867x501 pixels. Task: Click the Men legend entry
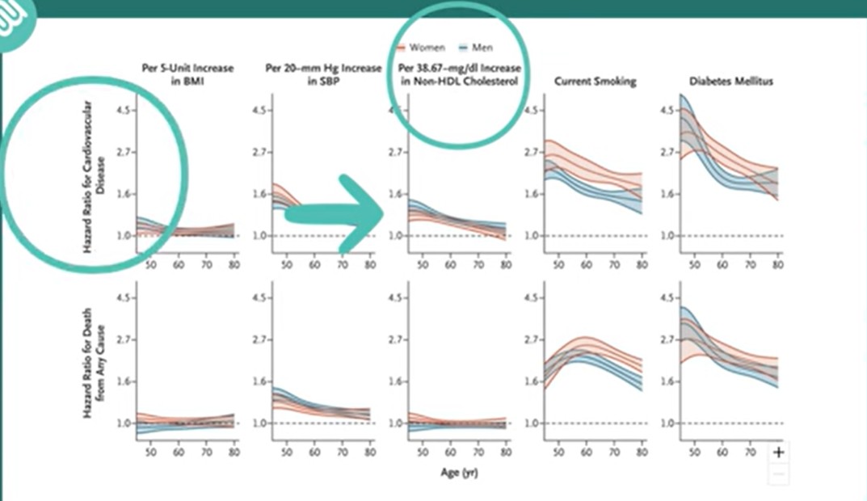(476, 48)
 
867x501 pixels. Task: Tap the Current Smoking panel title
(595, 82)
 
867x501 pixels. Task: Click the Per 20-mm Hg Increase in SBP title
(323, 74)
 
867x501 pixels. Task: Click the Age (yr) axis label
(458, 473)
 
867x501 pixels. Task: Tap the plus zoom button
(778, 453)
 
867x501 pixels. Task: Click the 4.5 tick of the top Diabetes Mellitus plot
(666, 110)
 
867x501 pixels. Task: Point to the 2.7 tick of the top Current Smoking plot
(530, 152)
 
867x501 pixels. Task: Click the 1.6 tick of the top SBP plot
(259, 194)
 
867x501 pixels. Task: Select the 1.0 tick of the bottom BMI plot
(124, 423)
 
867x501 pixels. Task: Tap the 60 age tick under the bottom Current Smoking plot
(586, 453)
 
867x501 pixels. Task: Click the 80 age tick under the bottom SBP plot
(370, 453)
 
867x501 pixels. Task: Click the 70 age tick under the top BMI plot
(206, 265)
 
